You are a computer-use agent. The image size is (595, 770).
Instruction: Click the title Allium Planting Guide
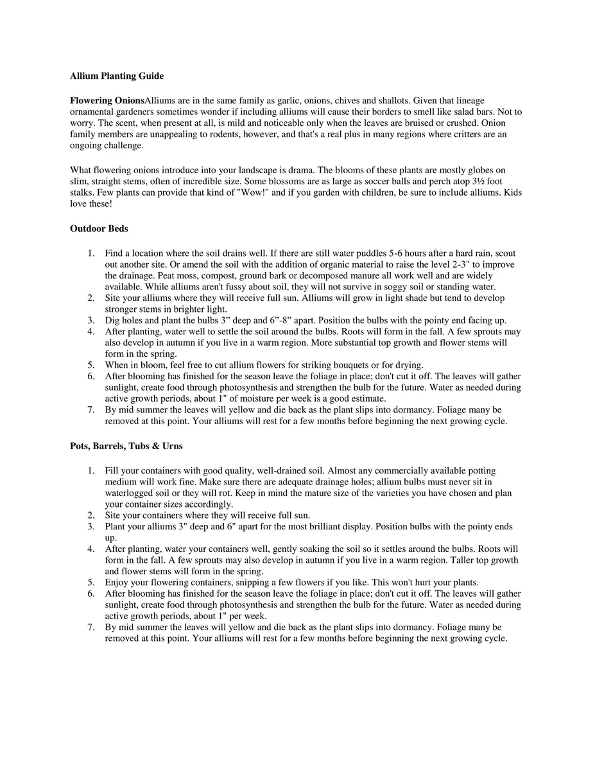click(117, 76)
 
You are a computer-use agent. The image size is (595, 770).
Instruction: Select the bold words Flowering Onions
click(107, 100)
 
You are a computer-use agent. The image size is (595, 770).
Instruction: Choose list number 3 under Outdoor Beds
click(91, 320)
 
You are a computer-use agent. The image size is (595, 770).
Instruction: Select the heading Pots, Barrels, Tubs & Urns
click(126, 446)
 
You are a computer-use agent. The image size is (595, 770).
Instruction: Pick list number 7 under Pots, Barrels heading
click(91, 627)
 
